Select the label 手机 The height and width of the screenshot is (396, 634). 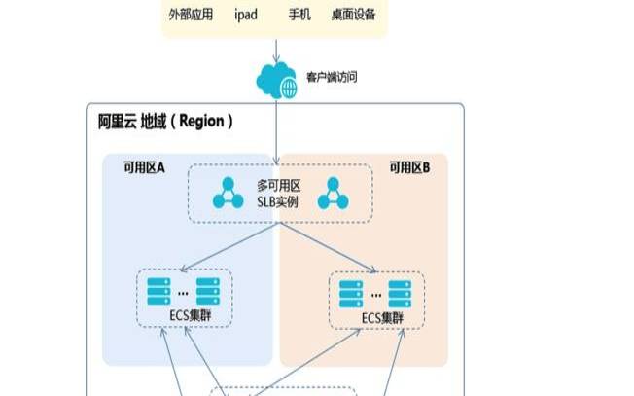coord(301,16)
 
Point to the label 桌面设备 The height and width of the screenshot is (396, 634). coord(353,16)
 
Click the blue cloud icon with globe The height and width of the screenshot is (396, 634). coord(276,80)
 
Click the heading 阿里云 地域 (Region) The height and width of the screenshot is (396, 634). coord(166,122)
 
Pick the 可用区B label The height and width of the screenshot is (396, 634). coord(409,167)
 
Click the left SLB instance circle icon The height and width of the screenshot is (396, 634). coord(229,193)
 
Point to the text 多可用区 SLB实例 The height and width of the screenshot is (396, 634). coord(280,194)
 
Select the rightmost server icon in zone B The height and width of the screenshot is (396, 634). coord(400,291)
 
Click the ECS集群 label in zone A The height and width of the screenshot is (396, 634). coord(182,316)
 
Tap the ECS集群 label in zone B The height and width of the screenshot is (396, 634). coord(382,317)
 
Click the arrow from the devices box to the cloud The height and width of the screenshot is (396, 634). coord(276,50)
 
